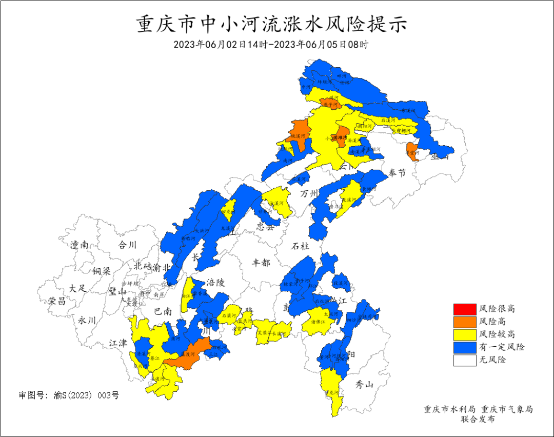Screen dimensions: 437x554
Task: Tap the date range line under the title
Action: click(x=271, y=45)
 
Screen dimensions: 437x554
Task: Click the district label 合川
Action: click(x=127, y=245)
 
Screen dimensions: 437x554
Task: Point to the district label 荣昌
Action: click(x=57, y=301)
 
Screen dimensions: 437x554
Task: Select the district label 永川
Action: click(x=87, y=320)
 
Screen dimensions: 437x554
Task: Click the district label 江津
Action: click(x=118, y=343)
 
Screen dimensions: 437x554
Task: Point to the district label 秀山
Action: click(x=365, y=385)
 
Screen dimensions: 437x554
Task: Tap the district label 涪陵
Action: click(x=216, y=283)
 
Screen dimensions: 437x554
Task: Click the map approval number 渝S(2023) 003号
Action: click(x=69, y=395)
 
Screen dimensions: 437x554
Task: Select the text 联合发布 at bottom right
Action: click(x=478, y=420)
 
